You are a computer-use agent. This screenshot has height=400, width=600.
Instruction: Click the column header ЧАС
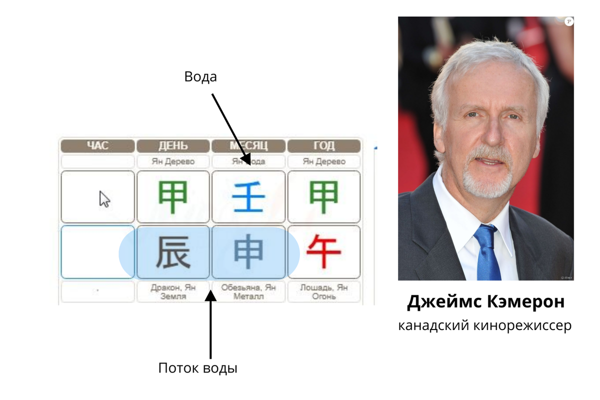[x=97, y=146]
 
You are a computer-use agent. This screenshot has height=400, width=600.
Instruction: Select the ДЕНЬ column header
[x=173, y=146]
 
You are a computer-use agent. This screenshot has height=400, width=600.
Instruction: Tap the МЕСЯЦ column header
[x=248, y=146]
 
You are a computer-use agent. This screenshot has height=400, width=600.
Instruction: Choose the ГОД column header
[x=323, y=146]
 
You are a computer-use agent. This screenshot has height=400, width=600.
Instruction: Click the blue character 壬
[x=248, y=197]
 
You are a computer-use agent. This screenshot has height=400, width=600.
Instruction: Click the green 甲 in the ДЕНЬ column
[x=173, y=197]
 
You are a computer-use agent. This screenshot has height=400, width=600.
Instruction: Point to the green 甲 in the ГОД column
[x=323, y=197]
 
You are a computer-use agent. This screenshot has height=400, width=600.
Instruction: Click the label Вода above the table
[x=200, y=77]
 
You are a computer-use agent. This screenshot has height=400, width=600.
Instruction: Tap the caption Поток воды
[x=197, y=368]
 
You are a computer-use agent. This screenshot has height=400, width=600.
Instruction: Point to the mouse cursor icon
[x=104, y=198]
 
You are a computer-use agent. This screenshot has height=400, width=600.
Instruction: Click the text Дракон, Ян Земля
[x=173, y=292]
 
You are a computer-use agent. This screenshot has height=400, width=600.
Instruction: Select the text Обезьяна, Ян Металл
[x=248, y=292]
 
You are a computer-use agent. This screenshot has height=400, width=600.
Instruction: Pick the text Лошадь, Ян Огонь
[x=323, y=292]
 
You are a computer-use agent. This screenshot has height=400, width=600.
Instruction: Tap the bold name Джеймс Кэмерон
[x=486, y=301]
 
